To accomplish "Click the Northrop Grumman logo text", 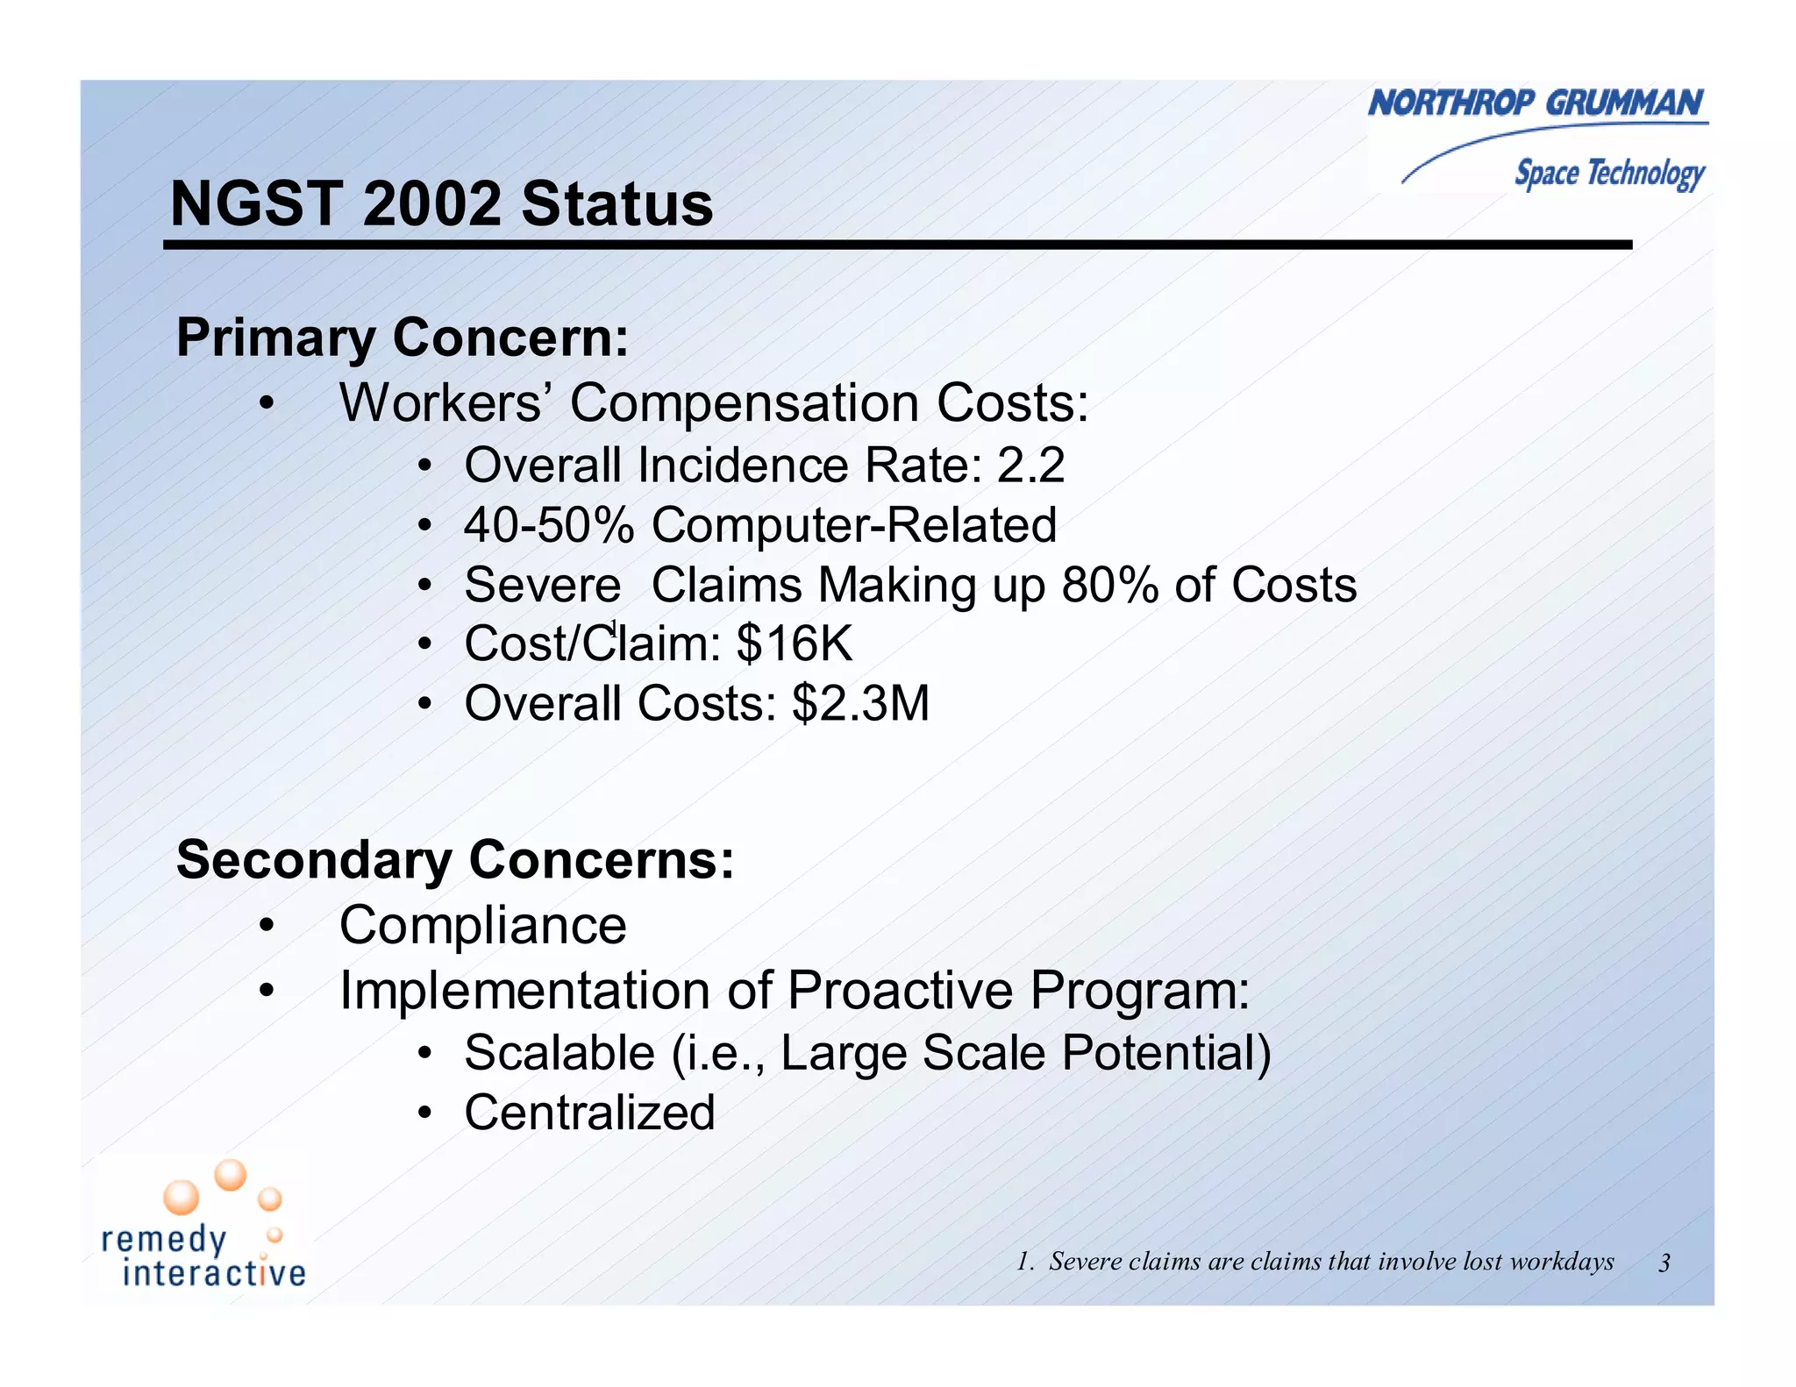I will coord(1536,103).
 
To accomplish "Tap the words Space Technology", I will coord(1609,173).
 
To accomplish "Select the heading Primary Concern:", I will coord(403,338).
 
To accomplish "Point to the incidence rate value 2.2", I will coord(1030,465).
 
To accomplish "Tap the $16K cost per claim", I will coord(794,644).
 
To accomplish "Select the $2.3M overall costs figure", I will coord(859,703).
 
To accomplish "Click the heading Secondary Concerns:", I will coord(455,859).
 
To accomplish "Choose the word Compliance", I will coord(483,925).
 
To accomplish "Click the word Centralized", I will coord(589,1113).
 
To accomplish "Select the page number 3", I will coord(1664,1263).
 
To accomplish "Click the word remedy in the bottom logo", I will coord(164,1240).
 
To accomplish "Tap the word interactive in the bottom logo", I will coord(214,1273).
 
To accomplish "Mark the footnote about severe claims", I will coord(1315,1262).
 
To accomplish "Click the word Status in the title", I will coord(617,204).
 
